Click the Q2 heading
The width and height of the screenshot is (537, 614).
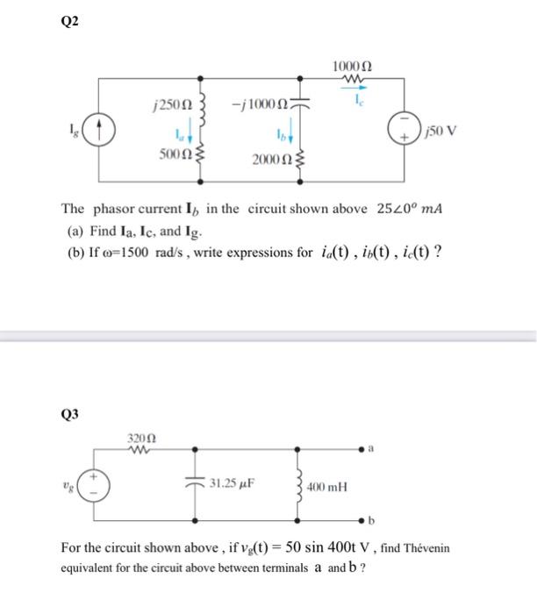tap(69, 23)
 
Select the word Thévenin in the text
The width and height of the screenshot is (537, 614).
tap(427, 548)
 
